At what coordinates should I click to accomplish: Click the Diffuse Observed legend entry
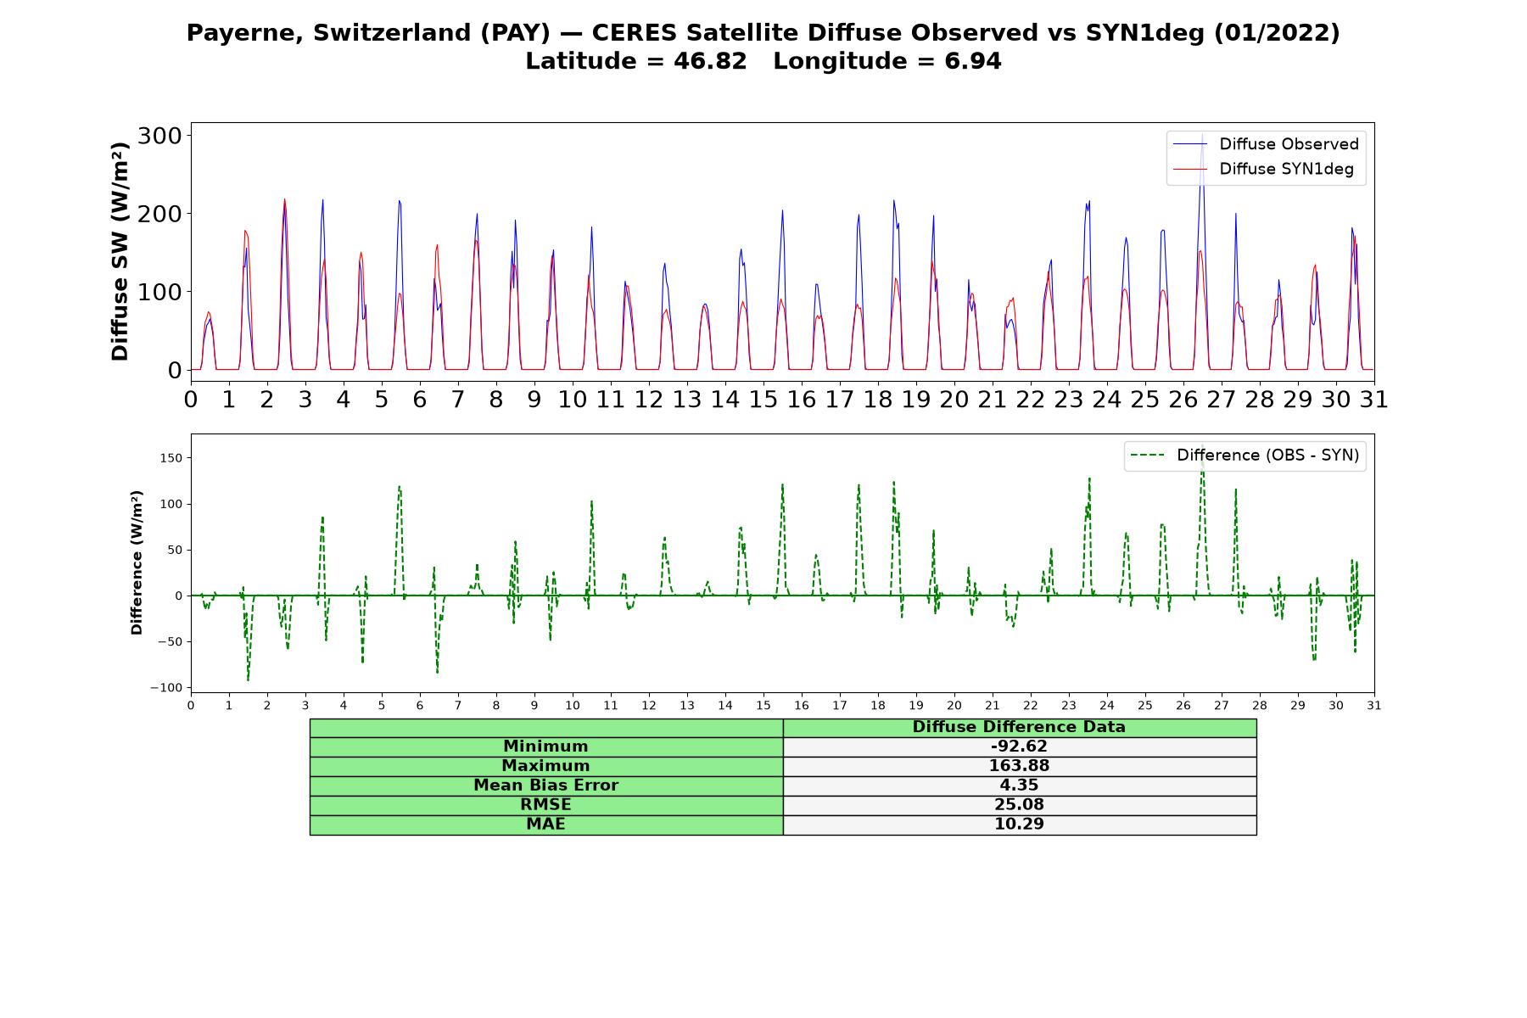[x=1266, y=144]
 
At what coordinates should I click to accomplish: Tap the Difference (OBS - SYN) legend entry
[x=1245, y=456]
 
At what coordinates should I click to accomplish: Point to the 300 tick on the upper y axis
[x=160, y=136]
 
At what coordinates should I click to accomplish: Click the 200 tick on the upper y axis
[x=160, y=214]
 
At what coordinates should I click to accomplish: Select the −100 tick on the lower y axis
[x=165, y=688]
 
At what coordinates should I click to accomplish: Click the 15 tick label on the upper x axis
[x=763, y=400]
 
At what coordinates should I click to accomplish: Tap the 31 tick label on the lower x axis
[x=1374, y=706]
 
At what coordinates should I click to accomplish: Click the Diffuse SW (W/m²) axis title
[x=120, y=251]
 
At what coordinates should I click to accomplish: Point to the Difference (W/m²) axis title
[x=137, y=562]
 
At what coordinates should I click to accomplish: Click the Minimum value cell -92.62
[x=1019, y=747]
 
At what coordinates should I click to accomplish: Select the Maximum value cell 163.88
[x=1019, y=766]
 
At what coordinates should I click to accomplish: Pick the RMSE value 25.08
[x=1019, y=805]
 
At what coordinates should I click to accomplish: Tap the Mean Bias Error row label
[x=545, y=786]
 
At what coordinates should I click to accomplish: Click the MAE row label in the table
[x=545, y=825]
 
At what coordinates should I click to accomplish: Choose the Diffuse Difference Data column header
[x=1019, y=727]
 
